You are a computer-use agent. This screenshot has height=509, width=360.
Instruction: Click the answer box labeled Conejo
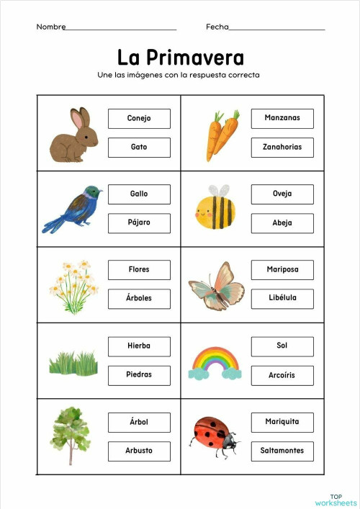(x=139, y=118)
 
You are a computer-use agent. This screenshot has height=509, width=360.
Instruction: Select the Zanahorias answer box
(x=282, y=147)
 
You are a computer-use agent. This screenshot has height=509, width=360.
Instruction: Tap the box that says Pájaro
(x=139, y=222)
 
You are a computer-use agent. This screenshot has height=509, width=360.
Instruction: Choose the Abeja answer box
(x=282, y=222)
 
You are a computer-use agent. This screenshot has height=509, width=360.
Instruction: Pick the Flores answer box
(x=139, y=269)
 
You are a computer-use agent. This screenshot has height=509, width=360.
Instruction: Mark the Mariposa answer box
(x=282, y=269)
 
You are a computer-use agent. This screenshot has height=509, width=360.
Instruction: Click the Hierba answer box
(x=139, y=346)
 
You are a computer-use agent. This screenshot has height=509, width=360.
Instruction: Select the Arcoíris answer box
(x=282, y=375)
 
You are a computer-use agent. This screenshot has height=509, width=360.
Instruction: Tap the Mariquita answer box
(x=282, y=421)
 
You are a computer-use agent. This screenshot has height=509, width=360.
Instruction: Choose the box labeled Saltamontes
(x=282, y=451)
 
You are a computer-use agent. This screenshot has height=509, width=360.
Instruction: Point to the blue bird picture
(x=73, y=209)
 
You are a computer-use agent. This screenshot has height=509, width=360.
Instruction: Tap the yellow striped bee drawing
(x=215, y=210)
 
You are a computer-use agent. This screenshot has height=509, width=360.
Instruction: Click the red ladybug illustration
(x=215, y=433)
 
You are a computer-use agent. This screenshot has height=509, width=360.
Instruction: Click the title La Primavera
(x=181, y=58)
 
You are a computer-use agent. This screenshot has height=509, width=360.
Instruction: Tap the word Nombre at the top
(x=50, y=27)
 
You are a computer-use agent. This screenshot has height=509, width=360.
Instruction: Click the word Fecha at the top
(x=217, y=27)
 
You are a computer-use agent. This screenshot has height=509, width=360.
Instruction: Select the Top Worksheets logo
(x=336, y=500)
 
